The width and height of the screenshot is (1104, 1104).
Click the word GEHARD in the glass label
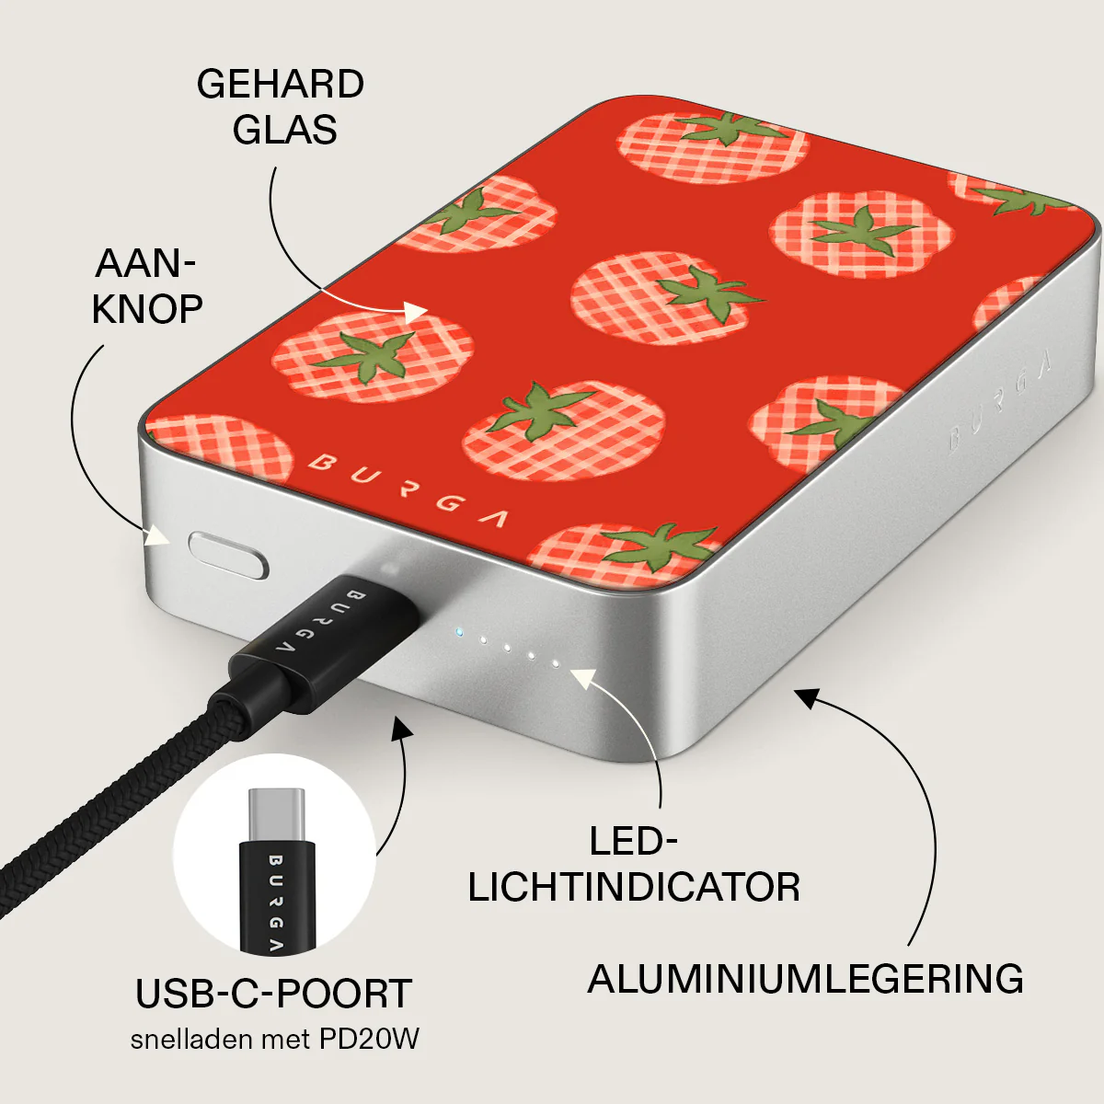[281, 85]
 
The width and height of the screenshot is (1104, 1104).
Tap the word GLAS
[284, 130]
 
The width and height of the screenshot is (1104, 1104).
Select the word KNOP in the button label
[147, 309]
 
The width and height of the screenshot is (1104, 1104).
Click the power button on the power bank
[228, 555]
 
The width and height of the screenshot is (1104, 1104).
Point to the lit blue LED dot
[459, 632]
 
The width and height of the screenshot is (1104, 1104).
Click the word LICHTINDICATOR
[634, 887]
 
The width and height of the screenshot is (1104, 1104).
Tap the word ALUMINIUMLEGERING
[806, 979]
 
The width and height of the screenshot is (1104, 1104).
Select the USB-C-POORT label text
[274, 994]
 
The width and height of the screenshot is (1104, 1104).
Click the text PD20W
[369, 1040]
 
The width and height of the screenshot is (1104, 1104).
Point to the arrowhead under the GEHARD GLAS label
[415, 313]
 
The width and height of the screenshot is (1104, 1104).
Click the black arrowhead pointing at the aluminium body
[807, 698]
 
